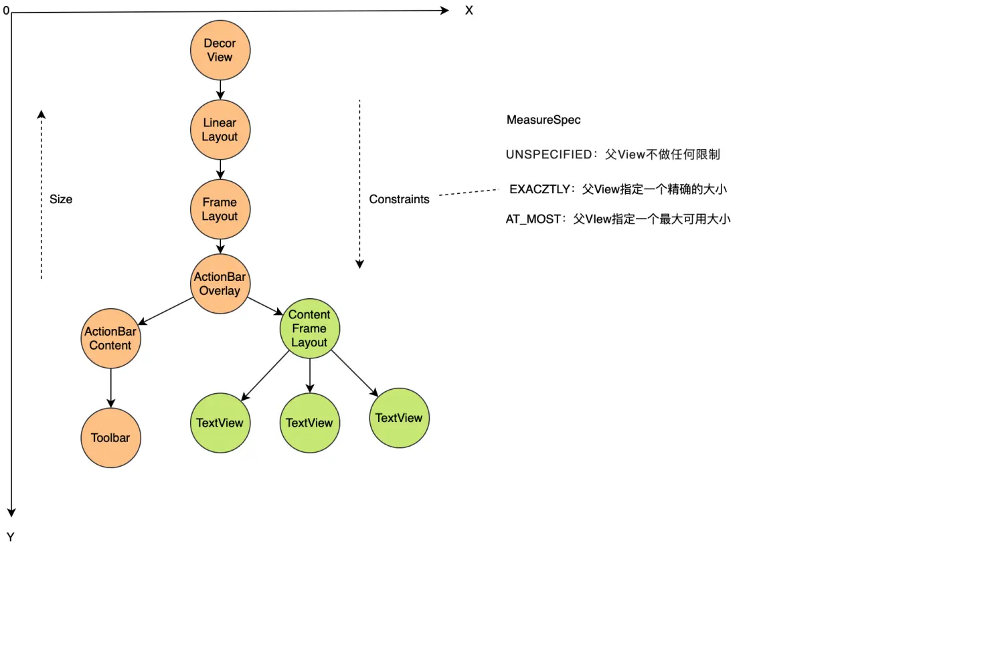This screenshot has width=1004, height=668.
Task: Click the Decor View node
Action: (220, 50)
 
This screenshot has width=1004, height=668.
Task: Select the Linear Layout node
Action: (220, 130)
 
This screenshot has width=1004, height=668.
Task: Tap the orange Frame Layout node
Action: (220, 209)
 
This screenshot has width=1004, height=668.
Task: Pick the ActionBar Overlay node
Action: (220, 284)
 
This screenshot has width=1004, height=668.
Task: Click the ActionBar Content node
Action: (111, 338)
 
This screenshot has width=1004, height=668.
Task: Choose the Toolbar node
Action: (111, 438)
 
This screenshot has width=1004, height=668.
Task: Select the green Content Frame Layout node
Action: (310, 328)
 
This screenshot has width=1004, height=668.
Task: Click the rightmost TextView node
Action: (399, 418)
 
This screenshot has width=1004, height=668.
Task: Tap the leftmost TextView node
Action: (220, 423)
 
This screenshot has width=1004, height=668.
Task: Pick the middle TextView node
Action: (310, 423)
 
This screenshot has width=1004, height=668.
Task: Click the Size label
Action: (61, 199)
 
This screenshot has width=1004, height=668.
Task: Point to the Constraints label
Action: (399, 199)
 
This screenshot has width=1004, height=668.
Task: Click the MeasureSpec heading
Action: (543, 120)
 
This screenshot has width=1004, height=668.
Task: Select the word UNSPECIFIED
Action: (549, 154)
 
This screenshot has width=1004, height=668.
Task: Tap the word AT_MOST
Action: (533, 219)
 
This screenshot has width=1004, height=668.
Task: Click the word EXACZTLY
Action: (539, 189)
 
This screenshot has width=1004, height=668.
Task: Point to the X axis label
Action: (469, 11)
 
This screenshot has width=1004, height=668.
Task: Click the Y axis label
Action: (11, 537)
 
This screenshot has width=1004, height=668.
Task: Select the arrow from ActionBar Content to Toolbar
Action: (111, 388)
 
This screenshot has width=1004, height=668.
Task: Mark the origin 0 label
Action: (6, 11)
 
